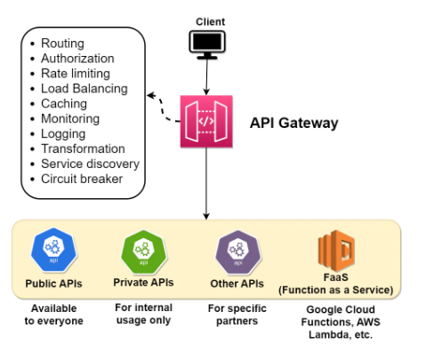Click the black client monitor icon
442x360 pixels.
coord(207,44)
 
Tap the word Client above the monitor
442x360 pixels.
coord(211,21)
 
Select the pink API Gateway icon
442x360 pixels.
coord(206,121)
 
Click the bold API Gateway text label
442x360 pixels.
coord(293,123)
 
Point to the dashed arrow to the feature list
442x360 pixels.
coord(162,108)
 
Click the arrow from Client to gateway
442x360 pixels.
coord(206,77)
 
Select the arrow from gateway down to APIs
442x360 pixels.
coord(206,183)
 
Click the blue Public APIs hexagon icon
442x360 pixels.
coord(53,250)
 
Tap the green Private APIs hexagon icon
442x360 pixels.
coord(144,252)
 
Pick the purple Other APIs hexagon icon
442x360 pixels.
coord(238,252)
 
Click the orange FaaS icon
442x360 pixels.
coord(336,251)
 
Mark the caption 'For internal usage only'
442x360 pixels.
coord(144,314)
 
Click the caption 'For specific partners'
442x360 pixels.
coord(237,315)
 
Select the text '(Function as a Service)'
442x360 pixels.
coord(336,290)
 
